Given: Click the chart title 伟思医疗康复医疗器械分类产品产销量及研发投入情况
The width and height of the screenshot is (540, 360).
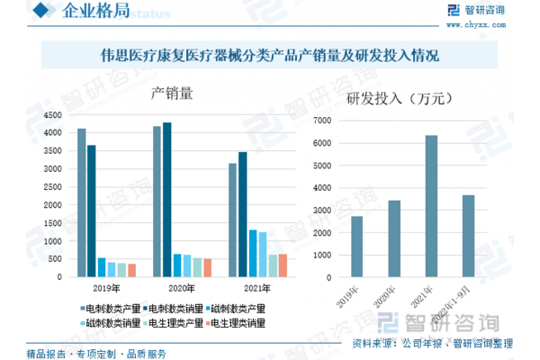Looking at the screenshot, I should pos(269,56).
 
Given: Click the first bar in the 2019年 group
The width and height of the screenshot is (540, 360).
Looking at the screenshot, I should pos(81,202).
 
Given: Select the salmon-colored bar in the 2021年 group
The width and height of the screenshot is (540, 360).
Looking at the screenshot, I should pos(283,265).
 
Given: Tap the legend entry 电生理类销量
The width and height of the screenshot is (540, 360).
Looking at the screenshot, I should pos(238,321).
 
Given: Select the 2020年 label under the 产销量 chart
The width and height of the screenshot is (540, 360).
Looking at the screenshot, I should pos(183,288).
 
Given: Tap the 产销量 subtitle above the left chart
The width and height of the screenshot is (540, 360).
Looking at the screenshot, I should pos(172,94).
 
